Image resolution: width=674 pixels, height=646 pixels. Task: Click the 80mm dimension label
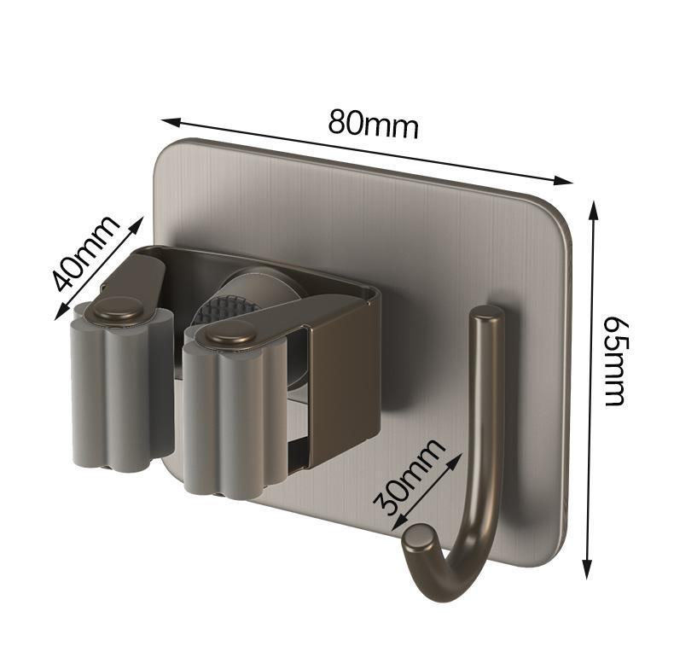(373, 125)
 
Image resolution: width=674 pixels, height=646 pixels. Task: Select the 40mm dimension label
(84, 253)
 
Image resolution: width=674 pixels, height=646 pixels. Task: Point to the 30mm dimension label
(408, 476)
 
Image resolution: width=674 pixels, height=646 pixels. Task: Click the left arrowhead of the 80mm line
(170, 122)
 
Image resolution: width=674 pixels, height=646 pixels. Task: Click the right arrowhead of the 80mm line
(563, 181)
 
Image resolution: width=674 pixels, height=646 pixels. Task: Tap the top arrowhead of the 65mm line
(594, 210)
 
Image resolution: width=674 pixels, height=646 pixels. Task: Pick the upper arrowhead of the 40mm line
(137, 224)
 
